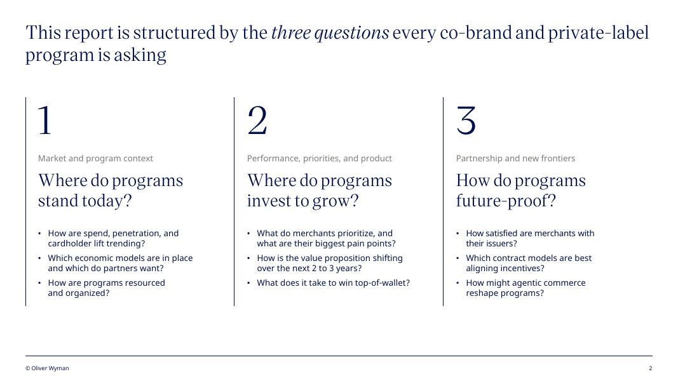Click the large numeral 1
pos(45,121)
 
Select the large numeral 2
pos(257,121)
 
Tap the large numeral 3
pos(466,121)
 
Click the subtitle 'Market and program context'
pos(95,159)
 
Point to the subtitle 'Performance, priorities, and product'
pos(320,159)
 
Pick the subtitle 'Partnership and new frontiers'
pos(515,159)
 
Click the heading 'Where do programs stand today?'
pos(111,190)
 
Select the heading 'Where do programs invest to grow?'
pos(320,190)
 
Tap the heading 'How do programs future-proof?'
pos(521,190)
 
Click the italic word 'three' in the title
pos(291,33)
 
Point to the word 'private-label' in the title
pos(599,33)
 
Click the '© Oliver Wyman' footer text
pos(47,368)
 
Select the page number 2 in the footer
pos(650,368)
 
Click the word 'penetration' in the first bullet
pos(136,234)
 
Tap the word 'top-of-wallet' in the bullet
pos(383,283)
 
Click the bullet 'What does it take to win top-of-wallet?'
pos(334,283)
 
